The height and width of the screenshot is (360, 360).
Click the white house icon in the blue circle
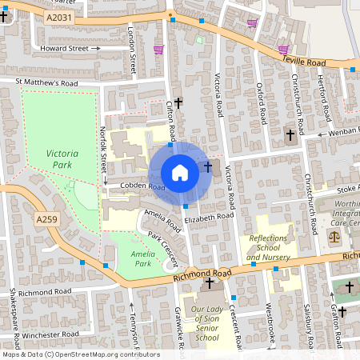(180, 173)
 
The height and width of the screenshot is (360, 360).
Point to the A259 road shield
(47, 218)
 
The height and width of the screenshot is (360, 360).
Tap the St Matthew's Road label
(45, 82)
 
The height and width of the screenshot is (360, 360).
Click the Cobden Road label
(142, 188)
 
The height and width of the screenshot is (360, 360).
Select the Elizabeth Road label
(208, 216)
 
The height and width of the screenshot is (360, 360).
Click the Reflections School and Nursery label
(269, 248)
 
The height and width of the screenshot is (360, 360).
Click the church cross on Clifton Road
(178, 102)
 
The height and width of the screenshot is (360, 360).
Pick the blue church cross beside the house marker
(209, 166)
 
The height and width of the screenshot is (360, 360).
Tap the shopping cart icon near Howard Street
(158, 50)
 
